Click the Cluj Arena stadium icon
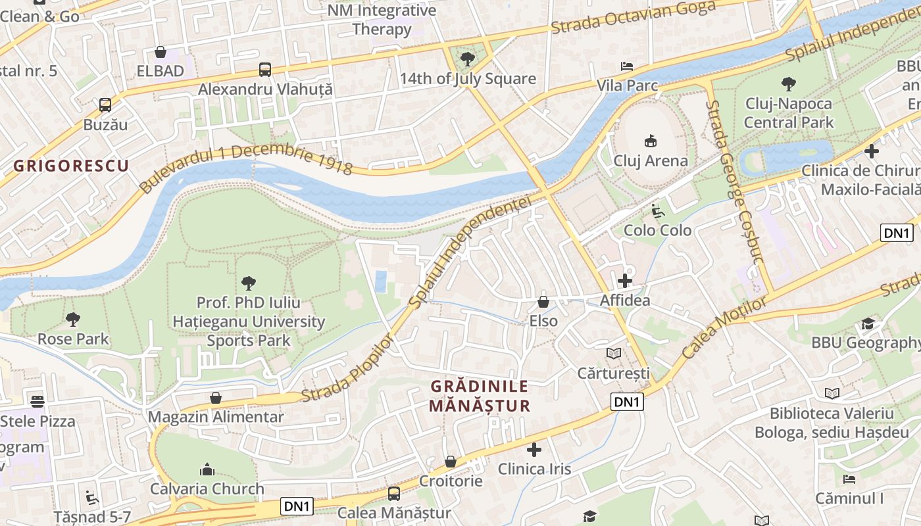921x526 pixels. click(x=651, y=140)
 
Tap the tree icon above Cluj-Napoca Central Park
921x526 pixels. click(x=788, y=84)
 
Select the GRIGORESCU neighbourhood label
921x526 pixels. click(x=71, y=165)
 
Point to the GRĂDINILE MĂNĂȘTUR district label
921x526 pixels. click(x=479, y=396)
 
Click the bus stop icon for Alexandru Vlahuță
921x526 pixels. click(x=265, y=69)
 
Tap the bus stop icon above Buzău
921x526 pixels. click(x=105, y=105)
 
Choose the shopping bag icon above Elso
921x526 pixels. click(x=543, y=302)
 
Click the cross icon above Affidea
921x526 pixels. click(x=624, y=281)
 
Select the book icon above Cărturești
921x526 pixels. click(x=614, y=354)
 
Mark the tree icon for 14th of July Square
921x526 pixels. click(x=468, y=59)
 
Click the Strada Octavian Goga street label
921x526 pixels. click(x=633, y=18)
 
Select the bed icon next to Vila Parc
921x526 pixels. click(x=627, y=66)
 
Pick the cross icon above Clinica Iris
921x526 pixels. click(x=534, y=450)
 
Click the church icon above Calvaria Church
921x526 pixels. click(x=207, y=469)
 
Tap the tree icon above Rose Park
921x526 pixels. click(x=73, y=320)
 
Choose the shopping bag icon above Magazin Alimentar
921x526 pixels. click(x=216, y=398)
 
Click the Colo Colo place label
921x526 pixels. click(x=657, y=230)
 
